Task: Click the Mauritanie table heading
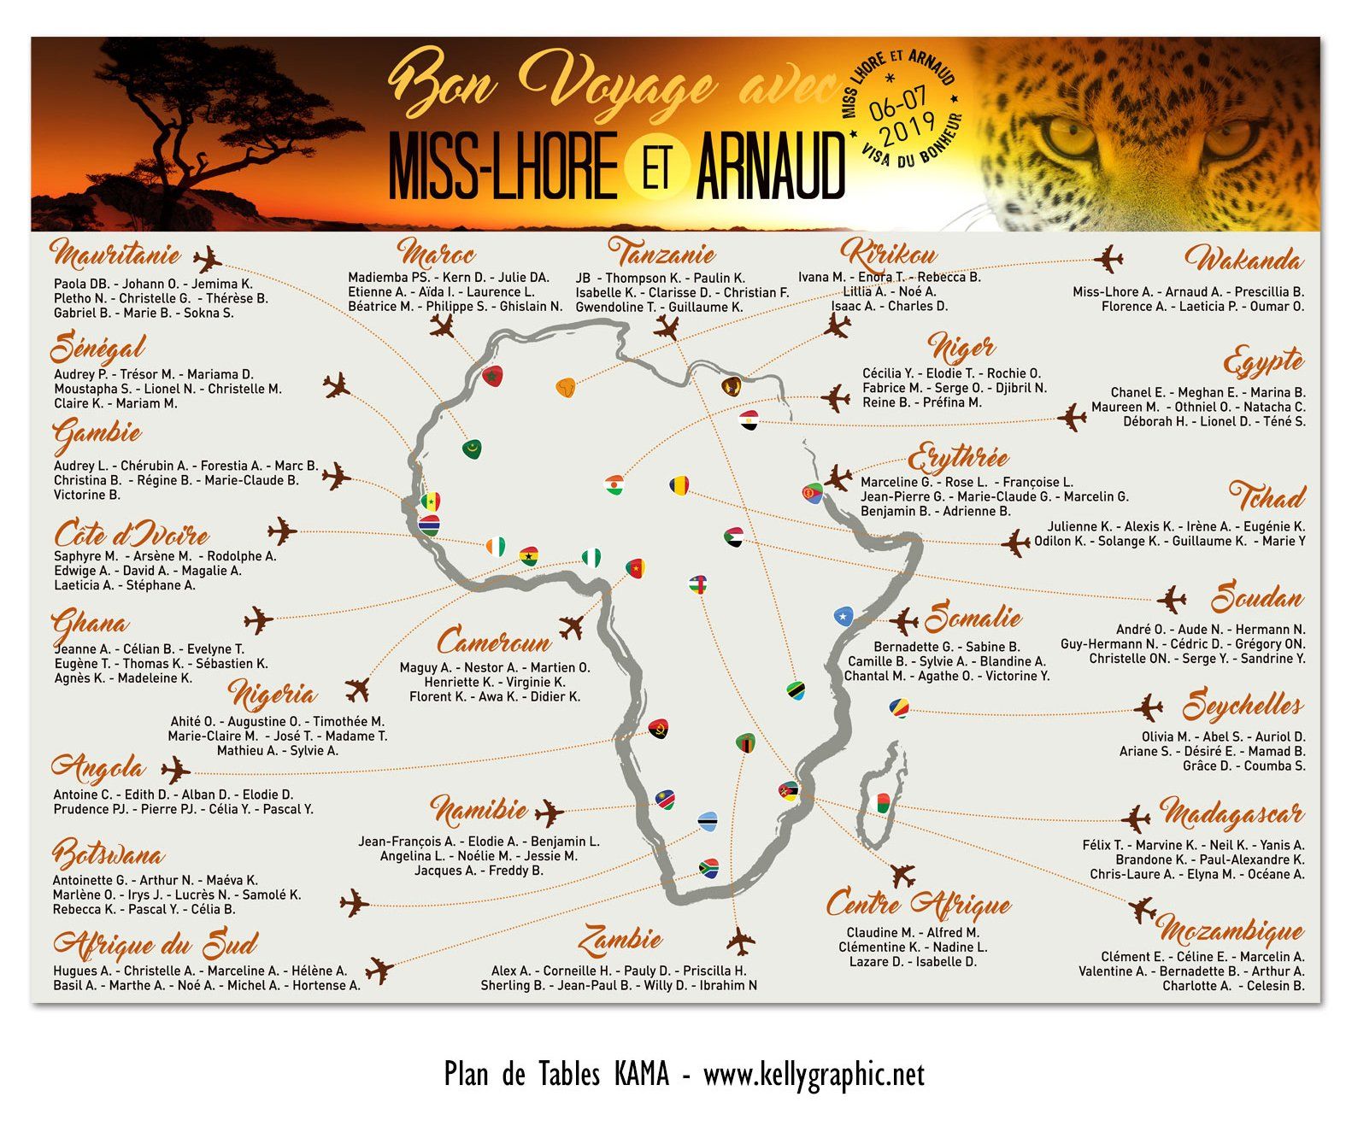(115, 254)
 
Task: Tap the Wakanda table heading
(1243, 259)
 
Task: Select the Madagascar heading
(1231, 812)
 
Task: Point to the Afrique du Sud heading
(155, 944)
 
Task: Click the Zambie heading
(620, 940)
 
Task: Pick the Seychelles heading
(1243, 706)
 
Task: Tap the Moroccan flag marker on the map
(491, 375)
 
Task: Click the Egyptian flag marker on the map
(749, 419)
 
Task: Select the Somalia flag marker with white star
(843, 616)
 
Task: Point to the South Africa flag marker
(708, 868)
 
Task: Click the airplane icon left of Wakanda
(1108, 258)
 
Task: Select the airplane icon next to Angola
(175, 770)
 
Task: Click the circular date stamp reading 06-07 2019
(902, 109)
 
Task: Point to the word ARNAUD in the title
(770, 167)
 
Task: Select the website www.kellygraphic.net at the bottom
(814, 1074)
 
